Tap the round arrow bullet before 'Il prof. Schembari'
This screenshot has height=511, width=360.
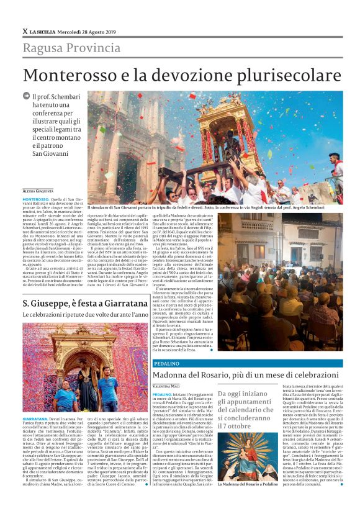tap(27, 97)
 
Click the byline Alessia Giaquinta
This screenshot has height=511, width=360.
tap(38, 191)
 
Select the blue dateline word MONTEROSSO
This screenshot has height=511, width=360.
tap(35, 197)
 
